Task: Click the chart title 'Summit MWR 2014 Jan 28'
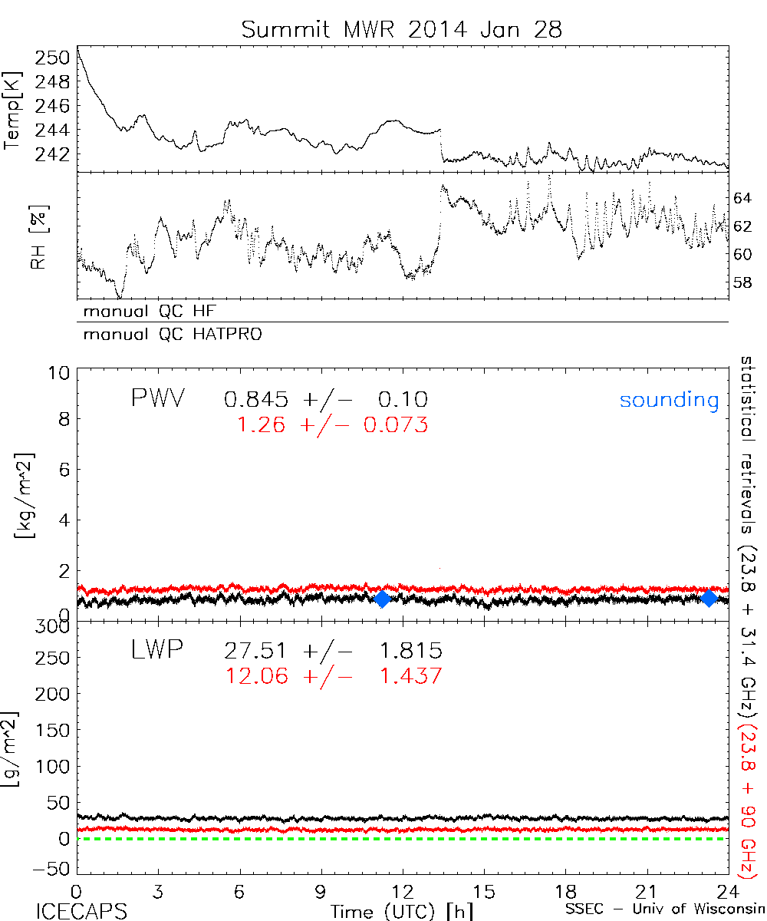pyautogui.click(x=402, y=30)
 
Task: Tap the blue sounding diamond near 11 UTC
pyautogui.click(x=382, y=599)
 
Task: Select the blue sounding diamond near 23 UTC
pyautogui.click(x=709, y=598)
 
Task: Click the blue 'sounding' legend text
pyautogui.click(x=669, y=400)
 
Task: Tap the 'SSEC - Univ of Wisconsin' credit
pyautogui.click(x=666, y=911)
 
